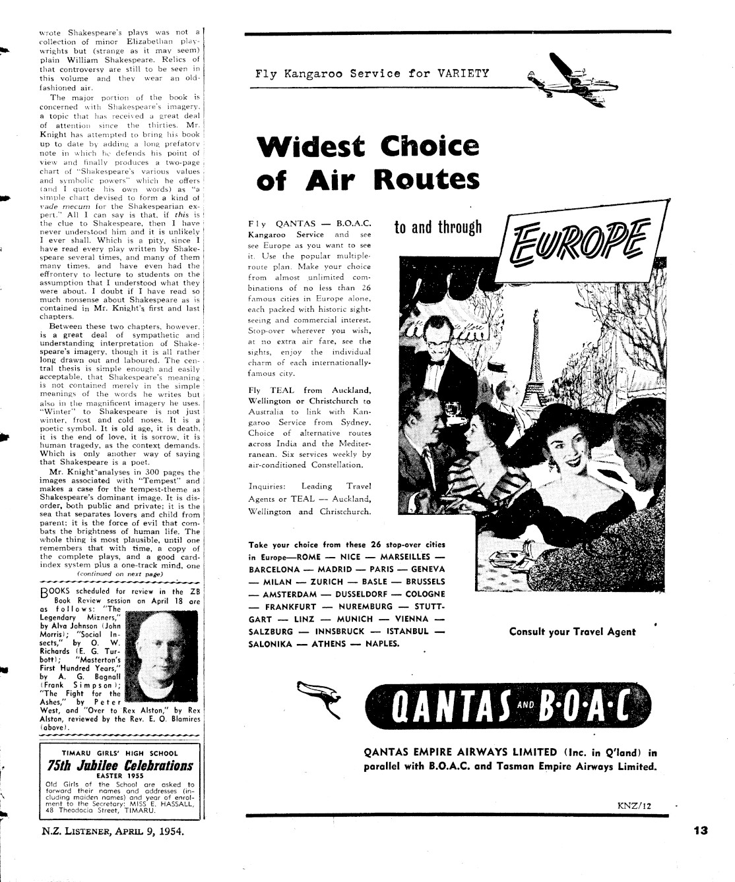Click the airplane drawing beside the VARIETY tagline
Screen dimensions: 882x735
coord(565,74)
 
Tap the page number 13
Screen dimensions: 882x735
coord(700,831)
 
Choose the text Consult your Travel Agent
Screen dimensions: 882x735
coord(572,632)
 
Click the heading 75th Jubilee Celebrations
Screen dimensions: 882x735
coord(121,765)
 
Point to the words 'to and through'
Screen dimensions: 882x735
coord(438,228)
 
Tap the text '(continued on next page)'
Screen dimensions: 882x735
coord(119,574)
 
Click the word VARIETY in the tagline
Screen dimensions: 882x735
coord(463,73)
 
